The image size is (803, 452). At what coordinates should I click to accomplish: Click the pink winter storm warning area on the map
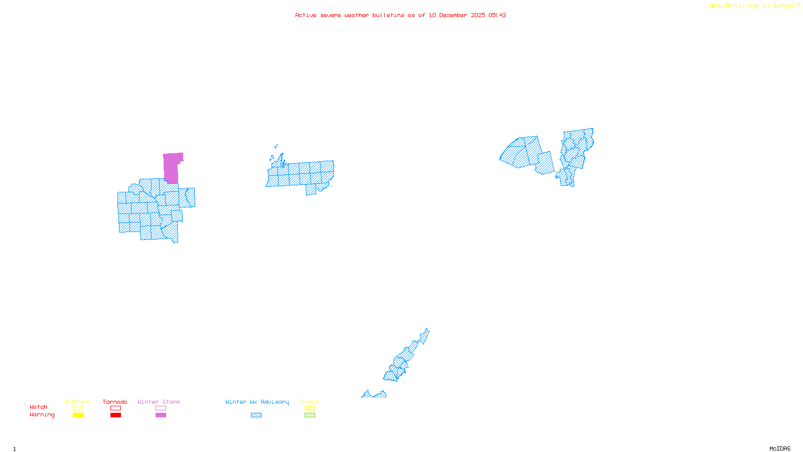(171, 167)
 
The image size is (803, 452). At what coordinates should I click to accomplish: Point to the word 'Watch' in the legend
(39, 407)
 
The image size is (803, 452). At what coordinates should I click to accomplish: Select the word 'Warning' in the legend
(42, 415)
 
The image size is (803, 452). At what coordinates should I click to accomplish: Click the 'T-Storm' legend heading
(77, 402)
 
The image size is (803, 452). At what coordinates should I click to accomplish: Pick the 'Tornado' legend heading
(115, 402)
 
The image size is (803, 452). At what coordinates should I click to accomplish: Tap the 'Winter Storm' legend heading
(159, 402)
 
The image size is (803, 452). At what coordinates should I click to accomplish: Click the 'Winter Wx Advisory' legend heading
(257, 402)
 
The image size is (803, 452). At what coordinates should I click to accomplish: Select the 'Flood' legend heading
(310, 402)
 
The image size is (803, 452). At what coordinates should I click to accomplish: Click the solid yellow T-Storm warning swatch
(78, 415)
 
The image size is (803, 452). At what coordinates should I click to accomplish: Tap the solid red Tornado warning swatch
(116, 415)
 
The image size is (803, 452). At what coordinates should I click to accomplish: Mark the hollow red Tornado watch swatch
(116, 408)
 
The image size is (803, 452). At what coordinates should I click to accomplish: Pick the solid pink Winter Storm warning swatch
(161, 415)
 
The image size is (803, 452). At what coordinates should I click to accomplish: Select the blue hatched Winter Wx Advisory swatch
(256, 415)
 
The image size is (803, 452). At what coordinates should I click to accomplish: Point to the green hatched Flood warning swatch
(310, 415)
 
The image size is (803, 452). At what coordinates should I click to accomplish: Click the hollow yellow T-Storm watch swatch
(78, 408)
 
